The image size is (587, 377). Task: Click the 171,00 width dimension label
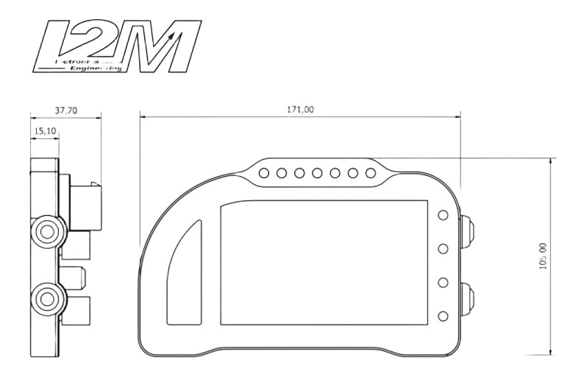click(x=299, y=109)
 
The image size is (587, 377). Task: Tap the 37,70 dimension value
click(x=65, y=110)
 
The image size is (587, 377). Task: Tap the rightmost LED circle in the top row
click(x=371, y=174)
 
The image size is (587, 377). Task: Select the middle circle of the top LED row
click(x=318, y=174)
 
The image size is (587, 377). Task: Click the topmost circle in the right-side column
click(x=443, y=215)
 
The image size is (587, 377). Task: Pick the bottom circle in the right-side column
click(x=443, y=316)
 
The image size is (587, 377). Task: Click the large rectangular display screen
click(x=324, y=263)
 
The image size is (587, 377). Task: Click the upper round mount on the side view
click(x=49, y=232)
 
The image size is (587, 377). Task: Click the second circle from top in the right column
click(x=443, y=249)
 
